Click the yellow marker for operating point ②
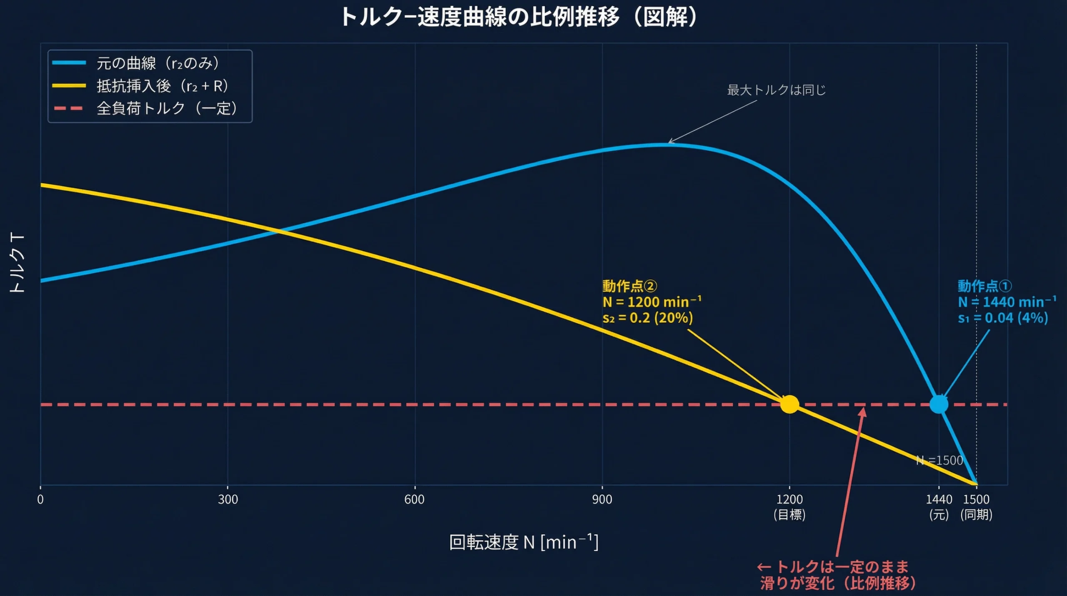789,404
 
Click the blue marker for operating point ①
939,404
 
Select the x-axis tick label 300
228,499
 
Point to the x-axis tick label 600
414,499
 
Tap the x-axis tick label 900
602,499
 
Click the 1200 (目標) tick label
789,506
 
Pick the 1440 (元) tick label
939,506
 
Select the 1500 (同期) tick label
976,506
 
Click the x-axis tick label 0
40,499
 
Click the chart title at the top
519,18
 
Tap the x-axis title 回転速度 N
523,542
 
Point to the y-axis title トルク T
18,263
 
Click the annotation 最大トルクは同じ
776,90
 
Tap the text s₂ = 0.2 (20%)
647,318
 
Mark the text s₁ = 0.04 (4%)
1002,318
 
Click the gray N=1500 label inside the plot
939,460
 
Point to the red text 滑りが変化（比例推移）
838,583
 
